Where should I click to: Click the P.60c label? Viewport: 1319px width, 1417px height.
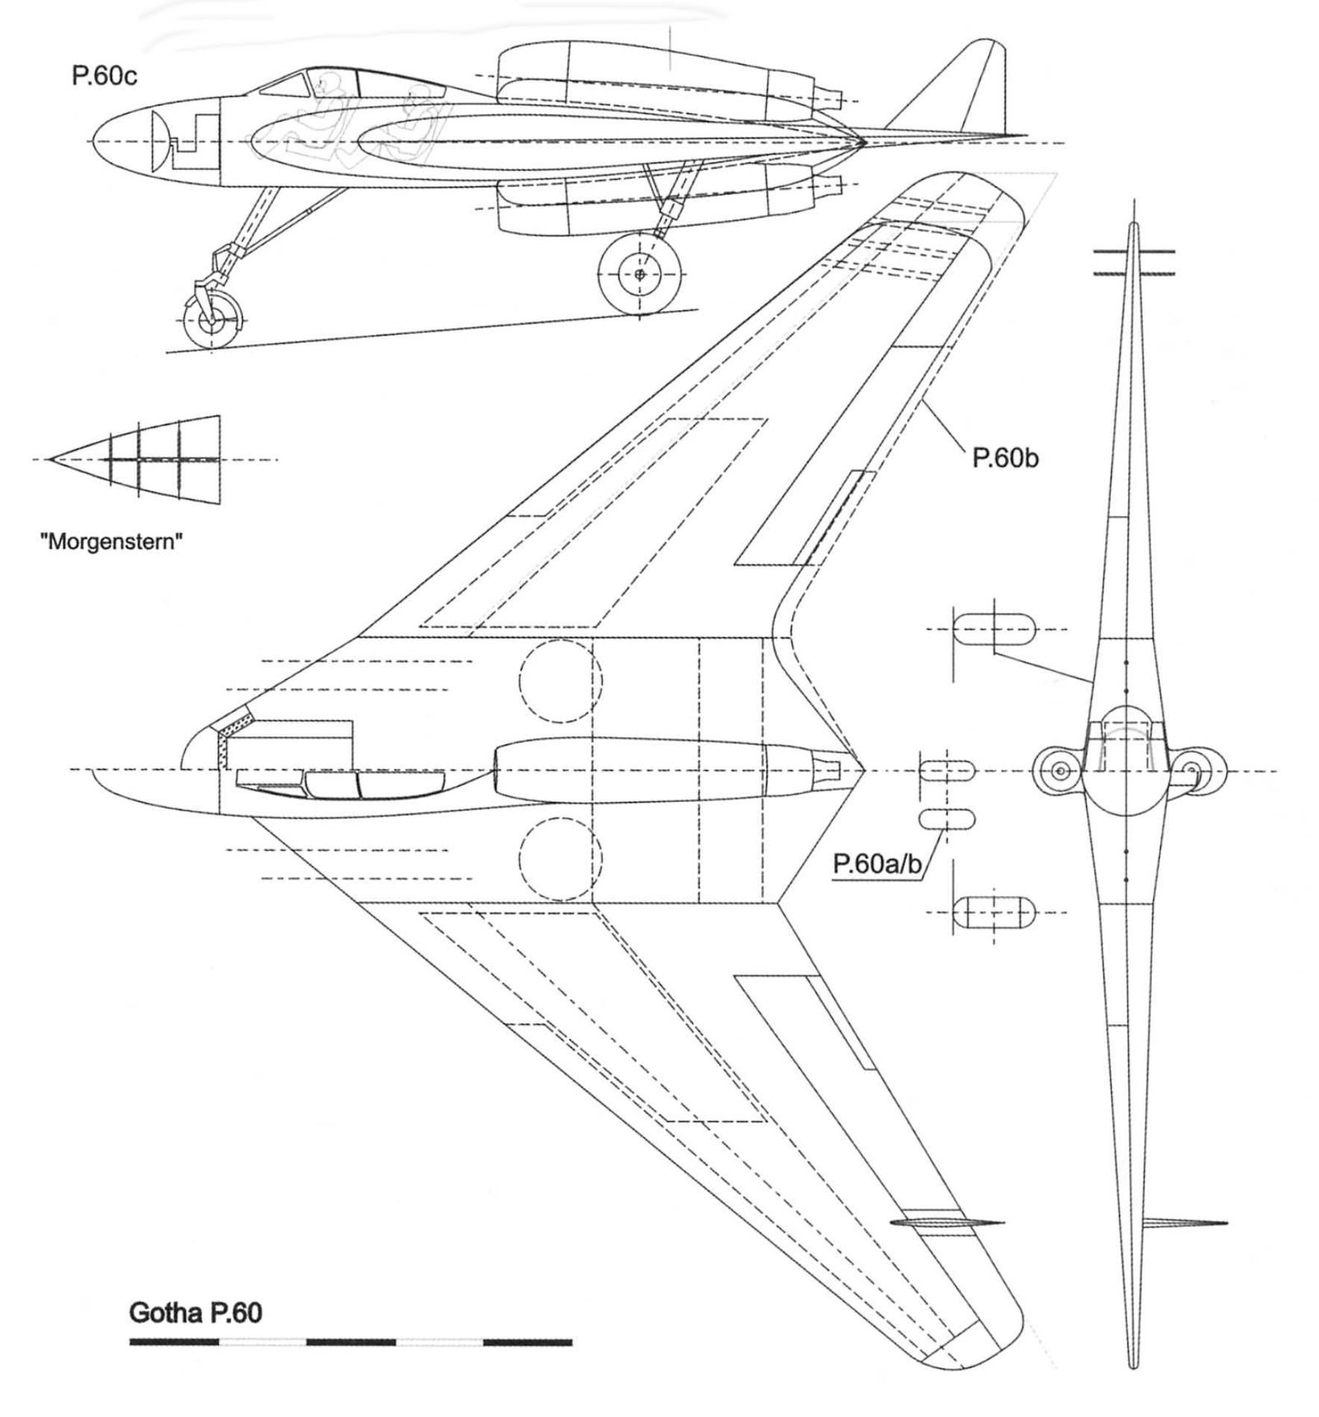coord(104,77)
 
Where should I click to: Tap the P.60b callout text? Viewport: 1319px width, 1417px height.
coord(1004,458)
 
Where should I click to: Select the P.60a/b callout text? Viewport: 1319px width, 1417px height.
coord(878,864)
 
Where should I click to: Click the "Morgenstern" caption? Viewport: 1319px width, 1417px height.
coord(111,540)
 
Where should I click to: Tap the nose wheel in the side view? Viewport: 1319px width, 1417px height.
coord(213,321)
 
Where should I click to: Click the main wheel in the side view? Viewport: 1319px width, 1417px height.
coord(640,274)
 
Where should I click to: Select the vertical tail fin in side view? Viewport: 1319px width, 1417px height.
coord(962,89)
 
